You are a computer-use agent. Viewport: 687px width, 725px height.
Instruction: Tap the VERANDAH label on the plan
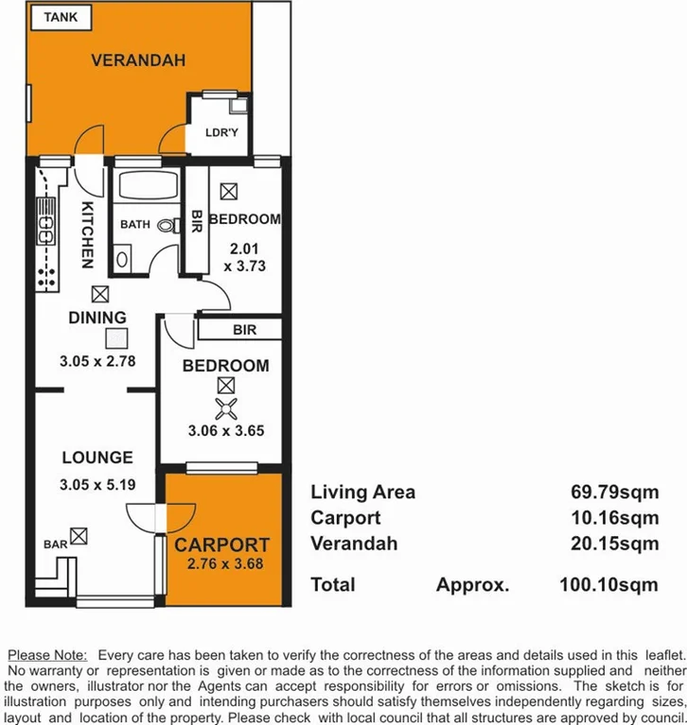point(138,60)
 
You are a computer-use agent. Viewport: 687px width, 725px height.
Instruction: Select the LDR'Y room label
point(221,133)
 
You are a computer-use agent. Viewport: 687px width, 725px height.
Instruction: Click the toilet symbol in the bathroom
point(167,226)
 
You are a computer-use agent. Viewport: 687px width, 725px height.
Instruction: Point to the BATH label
point(135,225)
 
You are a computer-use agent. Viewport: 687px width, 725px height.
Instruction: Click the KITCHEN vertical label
point(86,233)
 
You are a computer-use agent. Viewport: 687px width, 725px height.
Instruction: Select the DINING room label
point(97,318)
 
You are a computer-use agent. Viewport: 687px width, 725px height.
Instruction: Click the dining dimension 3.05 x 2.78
point(97,360)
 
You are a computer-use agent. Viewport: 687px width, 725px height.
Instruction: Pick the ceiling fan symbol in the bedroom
point(225,408)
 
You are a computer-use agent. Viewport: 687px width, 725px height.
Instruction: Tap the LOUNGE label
point(97,457)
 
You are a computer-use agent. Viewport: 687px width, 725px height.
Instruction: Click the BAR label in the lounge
point(55,544)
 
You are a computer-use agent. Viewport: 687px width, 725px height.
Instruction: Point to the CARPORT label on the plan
point(221,545)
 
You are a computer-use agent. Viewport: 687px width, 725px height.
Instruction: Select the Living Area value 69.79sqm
point(608,492)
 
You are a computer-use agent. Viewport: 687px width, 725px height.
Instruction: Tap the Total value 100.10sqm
point(608,585)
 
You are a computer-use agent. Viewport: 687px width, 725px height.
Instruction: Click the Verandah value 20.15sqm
point(608,544)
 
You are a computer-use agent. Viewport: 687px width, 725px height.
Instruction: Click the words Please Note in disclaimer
point(46,654)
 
